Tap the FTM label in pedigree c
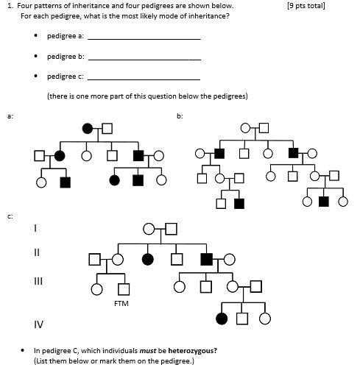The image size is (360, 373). tap(121, 302)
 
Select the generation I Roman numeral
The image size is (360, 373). tap(36, 228)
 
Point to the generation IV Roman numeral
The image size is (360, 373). tap(38, 324)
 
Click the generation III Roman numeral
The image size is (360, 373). tap(38, 281)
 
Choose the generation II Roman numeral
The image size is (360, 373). tap(37, 252)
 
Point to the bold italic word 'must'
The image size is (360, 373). tap(147, 351)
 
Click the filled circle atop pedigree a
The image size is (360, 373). tap(88, 129)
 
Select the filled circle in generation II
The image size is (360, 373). tap(148, 259)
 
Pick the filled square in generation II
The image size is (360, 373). tap(207, 259)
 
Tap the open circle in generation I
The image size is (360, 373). tap(149, 229)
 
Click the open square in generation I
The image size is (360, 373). tap(171, 229)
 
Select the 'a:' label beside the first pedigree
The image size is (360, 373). tap(10, 116)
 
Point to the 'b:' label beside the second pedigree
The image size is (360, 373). tap(180, 116)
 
